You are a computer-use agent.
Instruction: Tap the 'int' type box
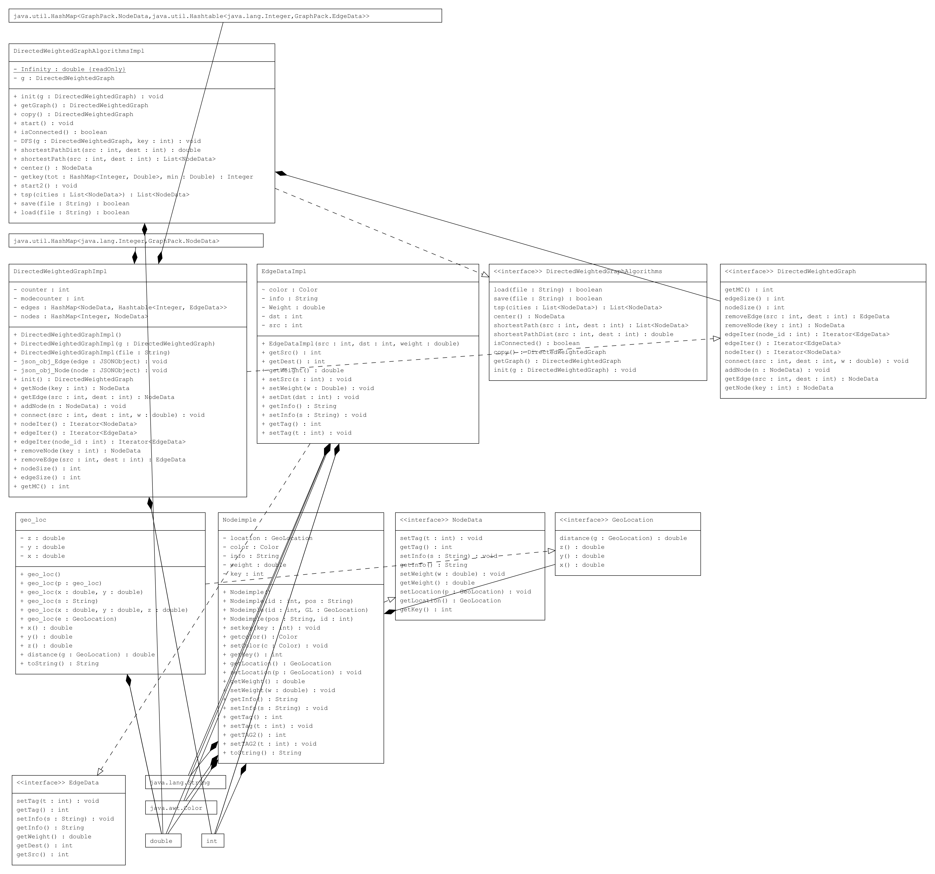[212, 841]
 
